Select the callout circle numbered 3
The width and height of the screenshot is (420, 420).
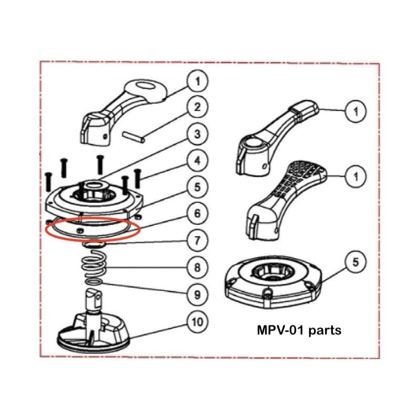coord(197,134)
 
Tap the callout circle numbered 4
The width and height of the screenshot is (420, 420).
coord(197,161)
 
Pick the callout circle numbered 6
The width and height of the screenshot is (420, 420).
coord(197,214)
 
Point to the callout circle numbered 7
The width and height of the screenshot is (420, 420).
coord(197,240)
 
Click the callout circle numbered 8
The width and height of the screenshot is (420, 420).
coord(197,267)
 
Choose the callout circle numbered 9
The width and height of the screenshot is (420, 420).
coord(197,293)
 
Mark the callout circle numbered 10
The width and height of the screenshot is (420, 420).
coord(197,320)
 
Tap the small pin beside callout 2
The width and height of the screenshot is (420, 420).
coord(133,135)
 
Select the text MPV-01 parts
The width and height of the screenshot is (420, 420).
coord(299,331)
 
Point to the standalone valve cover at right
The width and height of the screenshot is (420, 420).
coord(270,281)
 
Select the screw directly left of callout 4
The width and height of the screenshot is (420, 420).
coord(138,179)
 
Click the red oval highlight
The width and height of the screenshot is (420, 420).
coord(92,229)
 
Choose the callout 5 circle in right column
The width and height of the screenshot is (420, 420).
coord(356,261)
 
